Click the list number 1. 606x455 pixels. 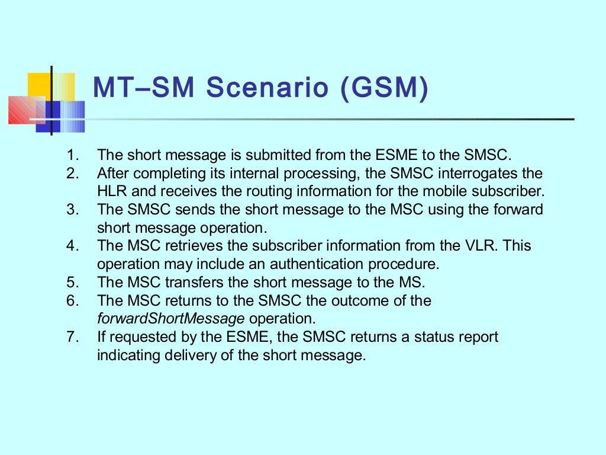point(72,156)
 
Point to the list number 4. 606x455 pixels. point(72,246)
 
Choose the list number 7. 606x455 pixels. point(72,337)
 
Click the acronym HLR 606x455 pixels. point(112,192)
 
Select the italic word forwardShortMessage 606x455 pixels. point(170,318)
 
